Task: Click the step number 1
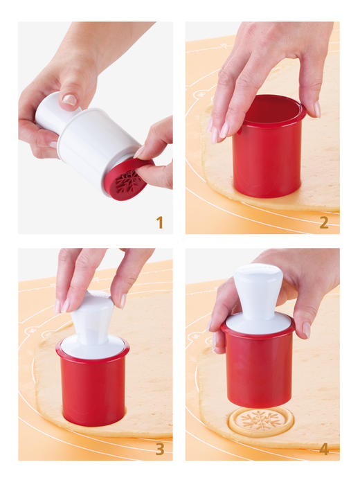coord(159,222)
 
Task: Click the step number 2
coord(324,222)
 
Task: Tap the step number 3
coord(160,449)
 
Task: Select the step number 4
coord(324,449)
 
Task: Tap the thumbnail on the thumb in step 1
coord(69,100)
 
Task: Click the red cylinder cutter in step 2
coord(268,146)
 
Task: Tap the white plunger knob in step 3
coord(92,314)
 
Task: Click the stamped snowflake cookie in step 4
coord(261,422)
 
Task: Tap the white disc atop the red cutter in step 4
coord(258,324)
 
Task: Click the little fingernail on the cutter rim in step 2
coord(318,109)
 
